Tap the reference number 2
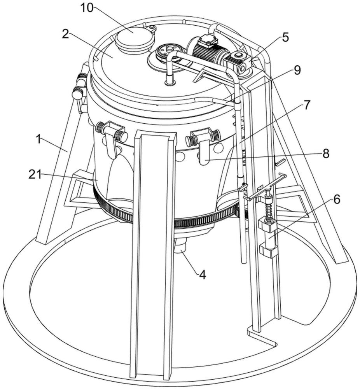(x=65, y=35)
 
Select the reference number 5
(x=285, y=37)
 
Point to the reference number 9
(x=297, y=70)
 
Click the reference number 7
(x=307, y=105)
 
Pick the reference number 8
(x=326, y=154)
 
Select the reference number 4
(x=203, y=275)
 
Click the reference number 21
(x=34, y=175)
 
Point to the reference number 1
(x=38, y=140)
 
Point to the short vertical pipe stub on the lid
(x=170, y=79)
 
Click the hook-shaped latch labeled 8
(x=204, y=153)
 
